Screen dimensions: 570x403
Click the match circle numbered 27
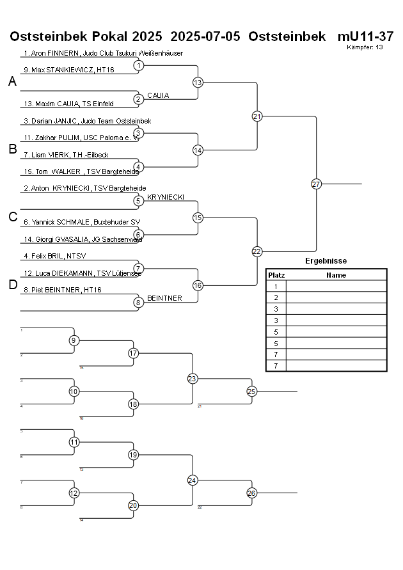click(x=316, y=184)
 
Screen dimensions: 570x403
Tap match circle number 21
click(x=257, y=116)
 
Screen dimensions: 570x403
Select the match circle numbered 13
click(x=198, y=83)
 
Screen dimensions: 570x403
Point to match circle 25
click(x=251, y=392)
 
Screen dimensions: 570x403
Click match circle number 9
click(x=74, y=340)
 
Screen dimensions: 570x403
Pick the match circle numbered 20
click(x=133, y=505)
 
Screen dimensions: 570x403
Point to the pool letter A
click(x=12, y=82)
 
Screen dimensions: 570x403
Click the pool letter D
click(x=12, y=285)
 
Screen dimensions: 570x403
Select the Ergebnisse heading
click(x=326, y=261)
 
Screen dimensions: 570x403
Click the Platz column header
click(x=276, y=275)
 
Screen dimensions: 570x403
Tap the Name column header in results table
click(x=336, y=275)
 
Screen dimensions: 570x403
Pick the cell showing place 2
click(x=276, y=297)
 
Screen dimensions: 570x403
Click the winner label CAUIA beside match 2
click(x=158, y=95)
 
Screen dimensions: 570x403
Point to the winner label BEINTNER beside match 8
click(x=164, y=298)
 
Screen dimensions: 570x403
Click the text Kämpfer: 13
click(x=365, y=47)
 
